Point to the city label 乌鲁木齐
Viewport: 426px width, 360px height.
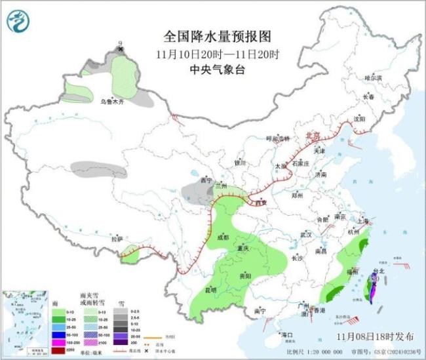coord(111,102)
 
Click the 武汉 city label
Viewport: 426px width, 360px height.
coord(306,234)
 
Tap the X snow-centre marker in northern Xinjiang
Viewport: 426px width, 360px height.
coord(120,49)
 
